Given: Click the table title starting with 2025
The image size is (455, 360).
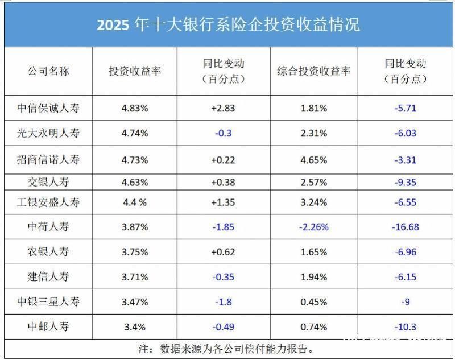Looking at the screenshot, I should pos(228,26).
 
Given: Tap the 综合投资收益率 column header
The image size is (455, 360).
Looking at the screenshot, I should pos(314,71).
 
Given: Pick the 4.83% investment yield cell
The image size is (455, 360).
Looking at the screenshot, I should pos(135,107).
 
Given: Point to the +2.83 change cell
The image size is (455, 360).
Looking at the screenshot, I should pos(223,107).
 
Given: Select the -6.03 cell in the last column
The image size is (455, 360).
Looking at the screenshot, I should pos(405,133).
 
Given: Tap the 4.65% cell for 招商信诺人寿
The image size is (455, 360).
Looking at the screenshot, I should pos(314,159).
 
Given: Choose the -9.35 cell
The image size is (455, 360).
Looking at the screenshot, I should pos(405,182).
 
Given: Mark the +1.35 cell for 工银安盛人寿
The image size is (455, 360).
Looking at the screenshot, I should pos(223,202).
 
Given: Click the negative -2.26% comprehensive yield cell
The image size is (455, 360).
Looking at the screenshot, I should pos(314,227).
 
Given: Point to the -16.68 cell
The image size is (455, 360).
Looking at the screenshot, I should pos(405,227).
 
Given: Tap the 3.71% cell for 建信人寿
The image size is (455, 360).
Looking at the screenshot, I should pos(135,277).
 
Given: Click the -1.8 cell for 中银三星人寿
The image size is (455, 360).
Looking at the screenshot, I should pos(223,301).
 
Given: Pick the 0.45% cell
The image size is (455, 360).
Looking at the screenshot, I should pos(314,301).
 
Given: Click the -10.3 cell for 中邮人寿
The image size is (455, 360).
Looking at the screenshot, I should pos(405,326).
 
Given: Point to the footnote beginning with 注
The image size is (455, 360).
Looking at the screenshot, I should pos(227,348).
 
